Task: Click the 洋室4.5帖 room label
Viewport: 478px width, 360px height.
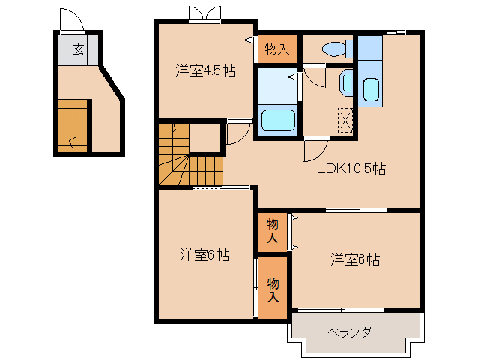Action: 205,71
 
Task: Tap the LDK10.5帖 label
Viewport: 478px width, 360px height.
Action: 351,169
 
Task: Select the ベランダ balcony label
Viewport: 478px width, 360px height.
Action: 349,331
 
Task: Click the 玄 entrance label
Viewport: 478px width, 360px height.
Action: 77,50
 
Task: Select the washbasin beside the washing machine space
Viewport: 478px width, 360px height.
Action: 346,82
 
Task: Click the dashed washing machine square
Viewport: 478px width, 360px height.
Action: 345,120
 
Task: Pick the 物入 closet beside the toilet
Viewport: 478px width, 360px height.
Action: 277,49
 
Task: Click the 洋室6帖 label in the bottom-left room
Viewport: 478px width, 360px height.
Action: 204,255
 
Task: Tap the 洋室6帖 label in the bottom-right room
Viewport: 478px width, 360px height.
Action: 355,259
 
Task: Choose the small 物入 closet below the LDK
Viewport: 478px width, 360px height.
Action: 273,231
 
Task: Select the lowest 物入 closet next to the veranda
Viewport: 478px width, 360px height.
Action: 273,289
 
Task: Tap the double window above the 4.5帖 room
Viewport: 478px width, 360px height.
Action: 205,14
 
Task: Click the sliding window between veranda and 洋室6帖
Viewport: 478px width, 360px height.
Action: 342,310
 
